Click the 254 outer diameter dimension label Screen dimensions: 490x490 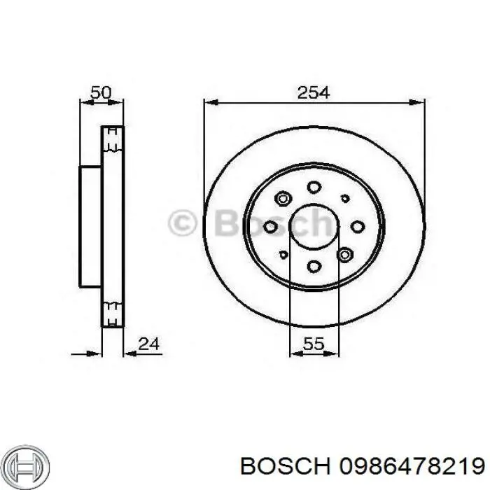coord(313,92)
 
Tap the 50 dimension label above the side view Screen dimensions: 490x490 coord(101,92)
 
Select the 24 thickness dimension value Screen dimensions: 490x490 coord(150,344)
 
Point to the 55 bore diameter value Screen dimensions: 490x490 coord(314,344)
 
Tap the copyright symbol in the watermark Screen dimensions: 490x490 coord(183,224)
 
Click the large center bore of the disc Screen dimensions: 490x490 coord(314,227)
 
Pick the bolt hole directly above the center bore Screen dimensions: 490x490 coord(314,187)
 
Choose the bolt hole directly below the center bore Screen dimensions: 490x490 coord(314,266)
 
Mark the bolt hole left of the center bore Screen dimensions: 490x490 coord(270,226)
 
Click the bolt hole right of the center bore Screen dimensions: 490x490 coord(358,226)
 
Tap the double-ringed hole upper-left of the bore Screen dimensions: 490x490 coord(283,199)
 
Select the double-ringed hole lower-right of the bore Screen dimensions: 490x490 coord(344,255)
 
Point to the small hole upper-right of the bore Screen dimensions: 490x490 coord(344,198)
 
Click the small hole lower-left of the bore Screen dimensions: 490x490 coord(283,255)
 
